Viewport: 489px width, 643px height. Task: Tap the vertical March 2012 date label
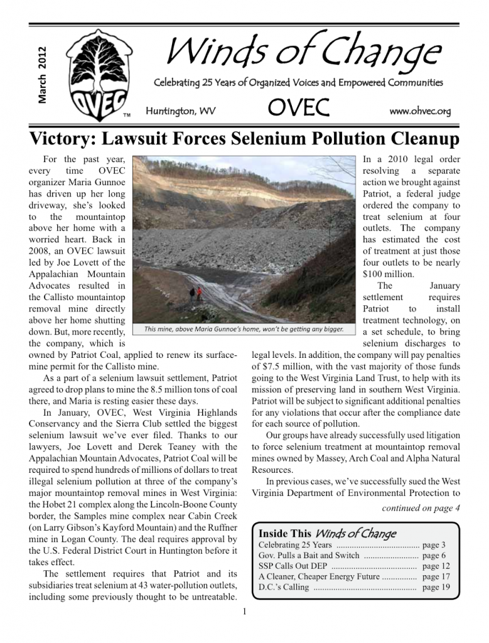coord(41,75)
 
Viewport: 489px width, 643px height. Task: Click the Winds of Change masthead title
coord(302,51)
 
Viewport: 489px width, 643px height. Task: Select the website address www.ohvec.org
coord(420,111)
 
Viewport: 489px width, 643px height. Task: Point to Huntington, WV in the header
coord(180,112)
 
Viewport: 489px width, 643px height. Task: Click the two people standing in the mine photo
coord(195,293)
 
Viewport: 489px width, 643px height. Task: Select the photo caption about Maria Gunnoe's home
coord(244,329)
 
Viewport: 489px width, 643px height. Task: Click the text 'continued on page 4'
coord(421,507)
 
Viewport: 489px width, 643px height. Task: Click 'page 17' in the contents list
coord(436,576)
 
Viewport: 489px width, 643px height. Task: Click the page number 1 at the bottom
coord(244,612)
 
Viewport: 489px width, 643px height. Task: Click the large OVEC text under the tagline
coord(298,109)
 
